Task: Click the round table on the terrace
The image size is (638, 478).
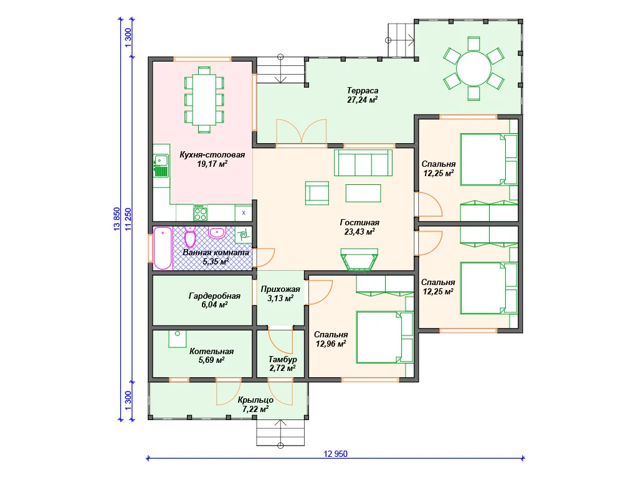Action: click(x=474, y=68)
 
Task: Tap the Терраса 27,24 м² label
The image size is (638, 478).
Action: click(x=362, y=95)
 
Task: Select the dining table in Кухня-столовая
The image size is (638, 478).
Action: click(x=204, y=100)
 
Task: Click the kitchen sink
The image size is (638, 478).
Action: click(x=161, y=166)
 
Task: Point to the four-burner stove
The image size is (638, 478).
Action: click(x=200, y=213)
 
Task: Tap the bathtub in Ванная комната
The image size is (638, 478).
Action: click(x=163, y=248)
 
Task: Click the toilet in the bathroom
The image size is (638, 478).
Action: click(x=190, y=236)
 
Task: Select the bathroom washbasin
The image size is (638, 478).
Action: click(x=217, y=233)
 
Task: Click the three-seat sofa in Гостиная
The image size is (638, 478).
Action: click(x=363, y=162)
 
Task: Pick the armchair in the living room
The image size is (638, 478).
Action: click(x=317, y=193)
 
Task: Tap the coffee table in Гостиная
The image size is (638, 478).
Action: click(x=363, y=193)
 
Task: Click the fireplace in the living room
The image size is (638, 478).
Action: click(x=359, y=260)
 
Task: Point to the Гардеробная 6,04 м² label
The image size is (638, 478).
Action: click(x=214, y=300)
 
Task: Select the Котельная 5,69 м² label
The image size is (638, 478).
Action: click(x=212, y=355)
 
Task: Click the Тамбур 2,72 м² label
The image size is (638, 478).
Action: click(x=282, y=363)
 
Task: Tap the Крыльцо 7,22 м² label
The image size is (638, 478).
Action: click(x=255, y=405)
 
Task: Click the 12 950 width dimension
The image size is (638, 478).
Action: click(x=336, y=454)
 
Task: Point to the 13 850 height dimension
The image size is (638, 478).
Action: click(x=117, y=220)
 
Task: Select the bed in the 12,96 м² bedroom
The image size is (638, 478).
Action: click(x=385, y=337)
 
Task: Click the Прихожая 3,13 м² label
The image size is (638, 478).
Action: click(x=280, y=294)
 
